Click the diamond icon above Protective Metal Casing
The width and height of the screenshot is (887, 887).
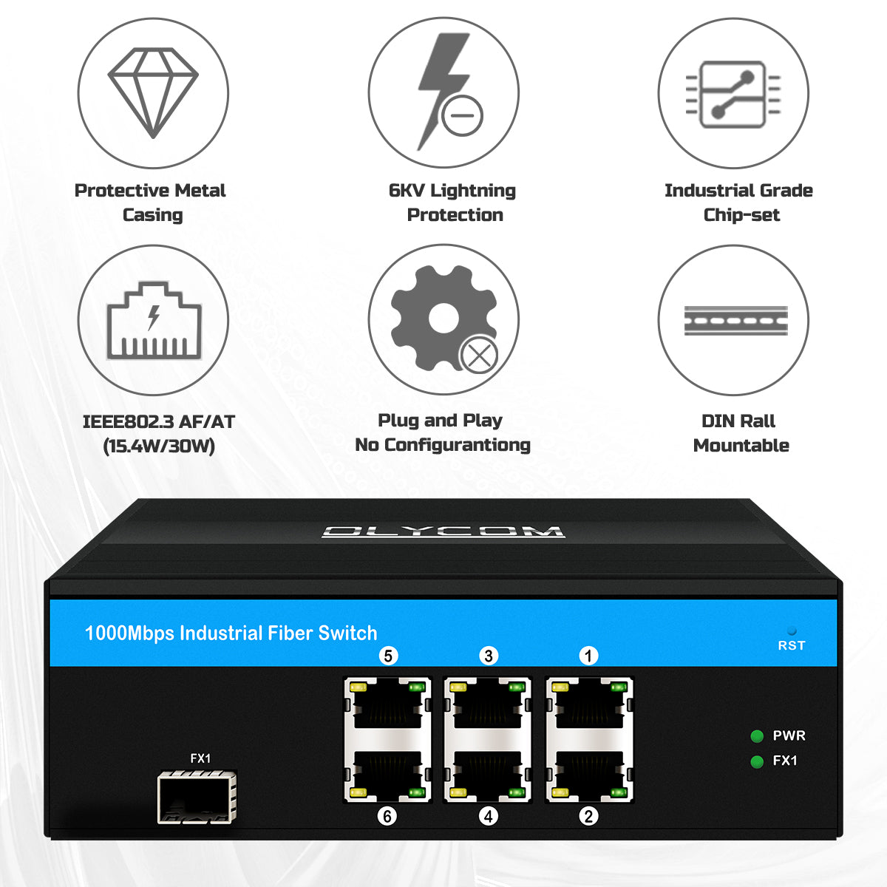pos(153,93)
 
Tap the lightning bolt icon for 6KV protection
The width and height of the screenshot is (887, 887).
pos(443,92)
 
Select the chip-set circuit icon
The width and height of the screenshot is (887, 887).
pos(733,94)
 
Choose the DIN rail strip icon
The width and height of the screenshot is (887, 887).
pos(735,321)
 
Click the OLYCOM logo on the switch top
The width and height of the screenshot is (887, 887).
pos(443,531)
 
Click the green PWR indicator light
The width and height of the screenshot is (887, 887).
pos(757,736)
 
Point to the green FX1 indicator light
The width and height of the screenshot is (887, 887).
pos(757,762)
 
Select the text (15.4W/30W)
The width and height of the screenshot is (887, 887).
pos(159,446)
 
